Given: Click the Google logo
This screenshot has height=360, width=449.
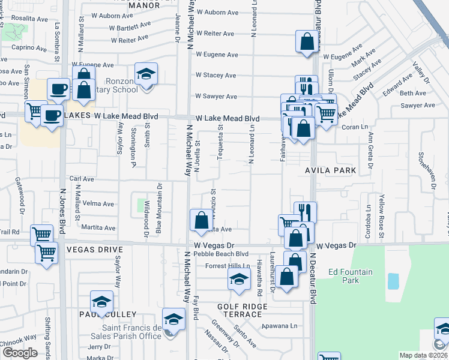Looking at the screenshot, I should tap(20, 353).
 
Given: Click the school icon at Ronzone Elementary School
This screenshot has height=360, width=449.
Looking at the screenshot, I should tap(146, 74).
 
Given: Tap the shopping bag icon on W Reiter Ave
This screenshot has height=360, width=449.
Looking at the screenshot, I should tap(307, 43).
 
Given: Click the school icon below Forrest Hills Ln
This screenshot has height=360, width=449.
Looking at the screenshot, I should tap(239, 280).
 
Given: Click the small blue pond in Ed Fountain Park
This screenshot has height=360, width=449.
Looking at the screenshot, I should tap(393, 280).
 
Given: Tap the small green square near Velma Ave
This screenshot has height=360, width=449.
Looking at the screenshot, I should tap(141, 205).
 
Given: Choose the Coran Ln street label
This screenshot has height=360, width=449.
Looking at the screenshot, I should tap(354, 127).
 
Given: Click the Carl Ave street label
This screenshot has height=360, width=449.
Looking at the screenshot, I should tap(82, 179).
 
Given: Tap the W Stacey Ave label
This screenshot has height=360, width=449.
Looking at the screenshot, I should tap(215, 75).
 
